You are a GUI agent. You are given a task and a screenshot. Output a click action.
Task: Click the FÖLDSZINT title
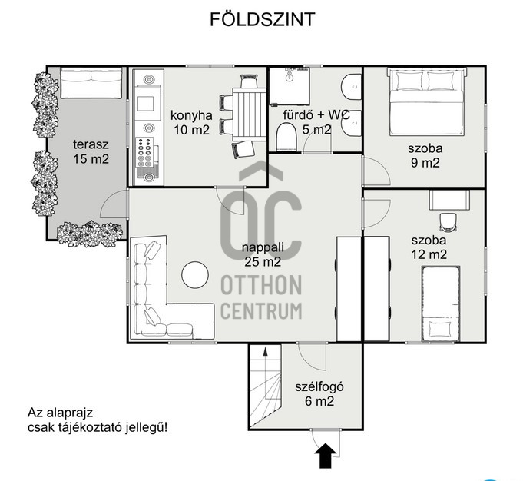261,20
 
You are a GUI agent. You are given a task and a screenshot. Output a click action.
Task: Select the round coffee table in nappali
195,275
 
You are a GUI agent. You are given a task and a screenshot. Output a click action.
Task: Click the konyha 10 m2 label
190,123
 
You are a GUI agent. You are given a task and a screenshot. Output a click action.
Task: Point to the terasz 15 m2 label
91,151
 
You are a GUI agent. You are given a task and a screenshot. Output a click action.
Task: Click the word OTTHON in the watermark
261,287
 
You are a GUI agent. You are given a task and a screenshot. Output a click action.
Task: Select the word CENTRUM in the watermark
261,311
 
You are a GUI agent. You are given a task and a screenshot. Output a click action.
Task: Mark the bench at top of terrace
91,84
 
